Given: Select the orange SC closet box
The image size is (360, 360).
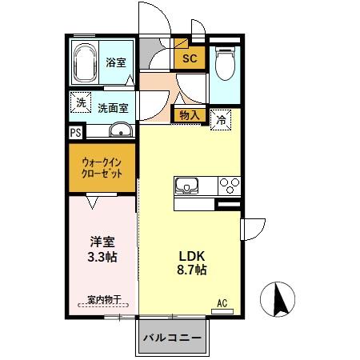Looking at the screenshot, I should [x=190, y=58].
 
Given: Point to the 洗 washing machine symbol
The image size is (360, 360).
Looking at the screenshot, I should [x=80, y=102].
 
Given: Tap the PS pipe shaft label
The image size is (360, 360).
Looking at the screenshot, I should [x=75, y=133].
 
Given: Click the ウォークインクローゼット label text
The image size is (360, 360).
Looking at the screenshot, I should [x=102, y=166].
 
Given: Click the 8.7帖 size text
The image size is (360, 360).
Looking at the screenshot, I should [x=192, y=270].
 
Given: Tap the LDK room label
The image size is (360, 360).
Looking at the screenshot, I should [x=192, y=255].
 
